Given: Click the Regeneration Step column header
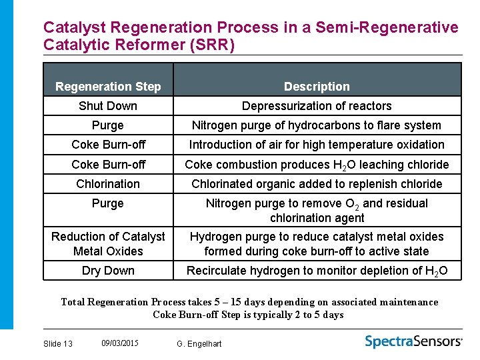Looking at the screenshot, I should click(x=108, y=87).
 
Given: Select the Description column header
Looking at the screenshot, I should click(x=317, y=87).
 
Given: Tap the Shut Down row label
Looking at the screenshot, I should click(x=108, y=106).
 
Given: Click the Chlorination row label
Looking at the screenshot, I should click(x=108, y=184).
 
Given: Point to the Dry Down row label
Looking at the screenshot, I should click(x=108, y=271).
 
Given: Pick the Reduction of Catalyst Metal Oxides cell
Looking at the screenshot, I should click(x=108, y=244).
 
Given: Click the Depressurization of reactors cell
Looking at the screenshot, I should click(x=317, y=106).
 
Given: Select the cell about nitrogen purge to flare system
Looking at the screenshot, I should click(x=317, y=125).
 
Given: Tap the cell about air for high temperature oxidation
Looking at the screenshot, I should click(x=317, y=145).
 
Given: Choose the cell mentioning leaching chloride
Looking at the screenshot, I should click(x=317, y=165).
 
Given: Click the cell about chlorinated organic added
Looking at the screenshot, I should click(x=317, y=184).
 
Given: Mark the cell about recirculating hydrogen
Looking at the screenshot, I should click(x=317, y=271).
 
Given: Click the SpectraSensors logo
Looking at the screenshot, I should click(x=413, y=341).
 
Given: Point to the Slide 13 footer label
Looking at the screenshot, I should click(x=57, y=343).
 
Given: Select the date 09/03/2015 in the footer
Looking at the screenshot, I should click(x=120, y=343).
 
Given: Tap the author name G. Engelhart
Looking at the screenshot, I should click(x=199, y=343).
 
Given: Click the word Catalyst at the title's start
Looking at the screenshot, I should click(x=75, y=28).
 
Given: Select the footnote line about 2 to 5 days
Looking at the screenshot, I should click(x=248, y=315).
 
